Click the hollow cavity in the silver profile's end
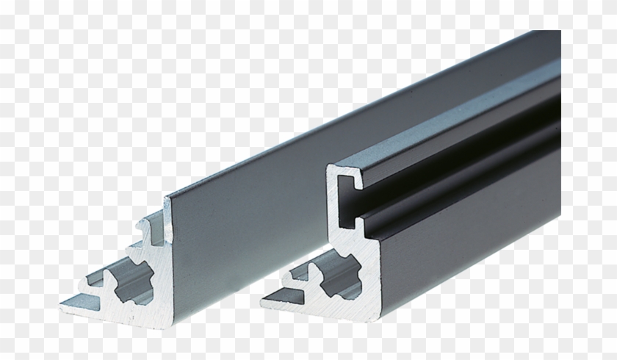[137, 280]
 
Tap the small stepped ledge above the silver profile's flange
[96, 280]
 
